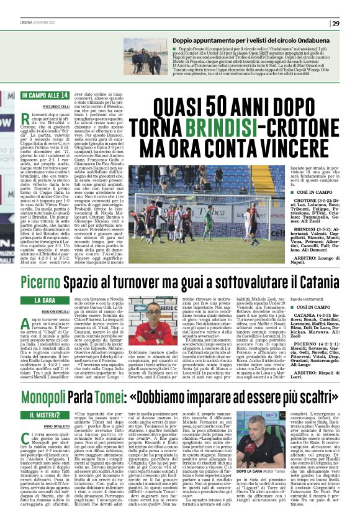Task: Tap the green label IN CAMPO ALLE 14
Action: coord(44,96)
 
